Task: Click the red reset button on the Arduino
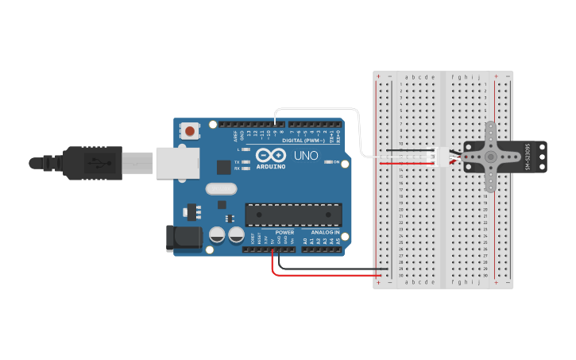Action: tap(191, 130)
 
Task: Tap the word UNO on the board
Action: tap(306, 155)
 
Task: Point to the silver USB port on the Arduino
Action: tap(177, 163)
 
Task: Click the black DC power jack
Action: tap(180, 238)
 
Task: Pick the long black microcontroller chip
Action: tap(294, 215)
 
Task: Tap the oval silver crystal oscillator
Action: tap(220, 189)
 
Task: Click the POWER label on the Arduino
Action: tap(284, 232)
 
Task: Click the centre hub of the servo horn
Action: tap(491, 157)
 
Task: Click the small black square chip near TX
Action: tap(224, 167)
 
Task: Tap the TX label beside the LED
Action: tap(237, 162)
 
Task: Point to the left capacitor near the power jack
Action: tap(217, 235)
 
